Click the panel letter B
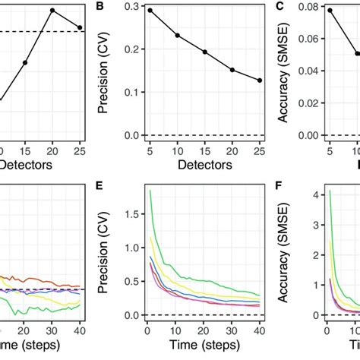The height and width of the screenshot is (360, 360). [x=121, y=7]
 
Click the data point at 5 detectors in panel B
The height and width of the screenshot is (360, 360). [x=150, y=11]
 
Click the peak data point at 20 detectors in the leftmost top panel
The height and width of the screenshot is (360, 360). [x=52, y=11]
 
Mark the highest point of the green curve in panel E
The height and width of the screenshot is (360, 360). [x=150, y=191]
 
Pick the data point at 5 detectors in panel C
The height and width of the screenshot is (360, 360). [x=309, y=11]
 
